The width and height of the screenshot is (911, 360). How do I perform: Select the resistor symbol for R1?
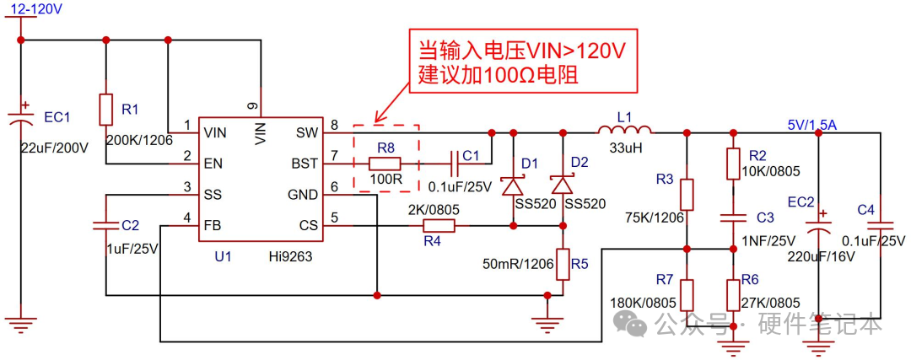coord(105,110)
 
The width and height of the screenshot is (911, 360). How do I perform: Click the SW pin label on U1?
coord(306,132)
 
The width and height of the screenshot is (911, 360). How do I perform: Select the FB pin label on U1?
coord(213,225)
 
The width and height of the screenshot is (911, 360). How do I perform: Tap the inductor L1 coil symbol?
coord(624,131)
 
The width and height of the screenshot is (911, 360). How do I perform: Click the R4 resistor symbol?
coord(439,225)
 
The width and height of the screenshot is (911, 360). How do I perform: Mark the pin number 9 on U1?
coord(252,106)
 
